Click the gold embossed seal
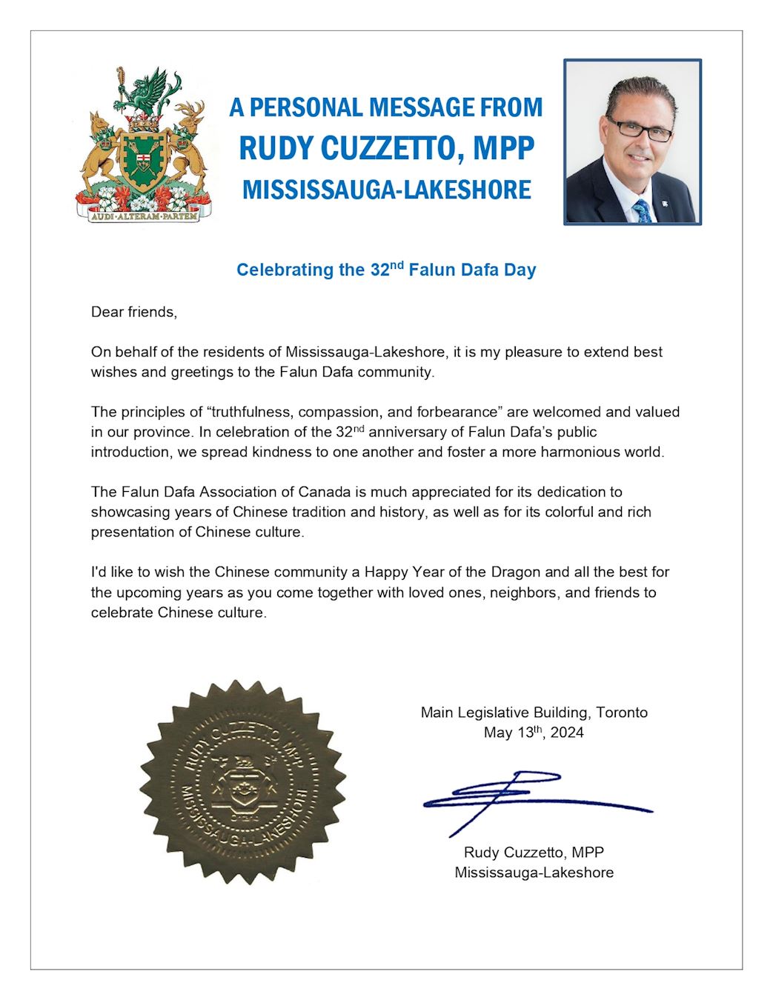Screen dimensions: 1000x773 [242, 782]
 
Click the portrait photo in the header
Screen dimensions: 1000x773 [632, 141]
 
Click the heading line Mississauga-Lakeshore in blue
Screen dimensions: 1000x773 [386, 190]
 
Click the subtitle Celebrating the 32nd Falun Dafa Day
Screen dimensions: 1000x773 [386, 270]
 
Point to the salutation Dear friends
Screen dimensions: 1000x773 [134, 312]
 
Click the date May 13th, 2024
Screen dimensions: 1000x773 [534, 733]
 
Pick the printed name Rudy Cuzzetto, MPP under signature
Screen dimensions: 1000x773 [534, 852]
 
